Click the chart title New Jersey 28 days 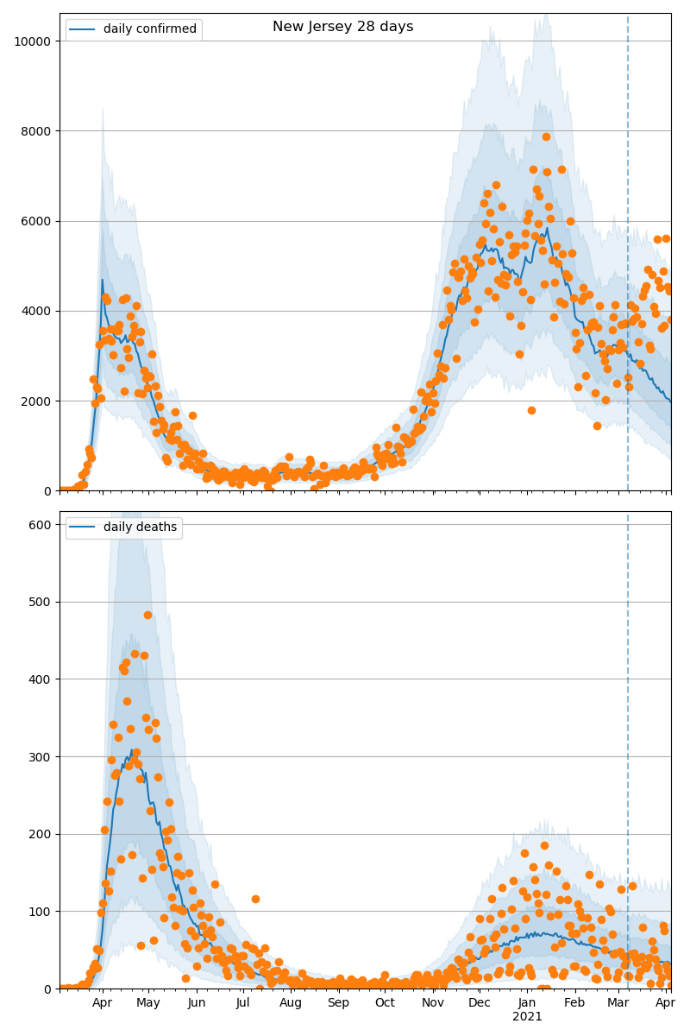pos(342,27)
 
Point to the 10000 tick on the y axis pos(35,41)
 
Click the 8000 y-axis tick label pos(39,131)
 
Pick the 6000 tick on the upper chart pos(39,221)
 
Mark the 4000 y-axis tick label pos(39,311)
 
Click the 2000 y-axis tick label pos(39,401)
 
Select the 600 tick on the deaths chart pos(43,524)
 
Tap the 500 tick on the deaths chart pos(43,602)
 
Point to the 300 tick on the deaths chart pos(43,756)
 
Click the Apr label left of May pos(102,1003)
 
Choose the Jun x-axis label pos(197,1003)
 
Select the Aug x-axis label pos(291,1003)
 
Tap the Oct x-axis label pos(385,1003)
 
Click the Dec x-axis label pos(479,1003)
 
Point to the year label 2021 pos(527,1017)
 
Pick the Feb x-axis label pos(574,1003)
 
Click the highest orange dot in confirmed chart pos(546,136)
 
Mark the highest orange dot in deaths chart pos(147,615)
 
